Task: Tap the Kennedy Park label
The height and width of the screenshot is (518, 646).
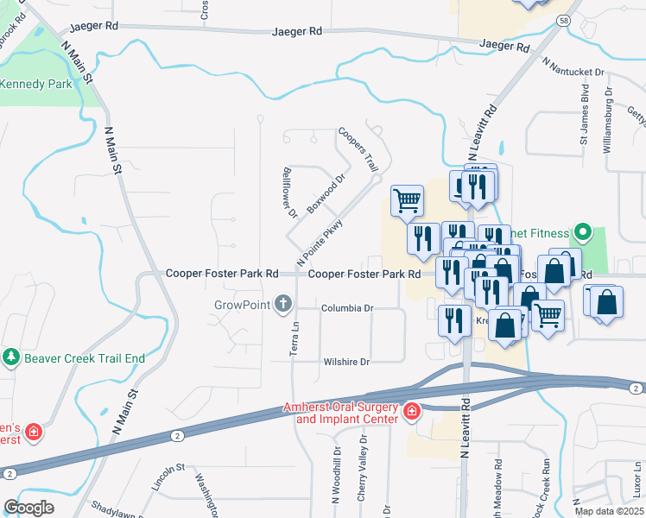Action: pyautogui.click(x=36, y=85)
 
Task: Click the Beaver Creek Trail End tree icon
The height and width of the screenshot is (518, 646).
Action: pyautogui.click(x=10, y=357)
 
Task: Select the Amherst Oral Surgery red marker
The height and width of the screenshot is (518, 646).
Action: pyautogui.click(x=412, y=410)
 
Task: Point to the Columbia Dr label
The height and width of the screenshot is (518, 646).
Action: pyautogui.click(x=347, y=308)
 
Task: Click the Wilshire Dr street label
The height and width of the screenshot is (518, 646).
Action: pyautogui.click(x=346, y=362)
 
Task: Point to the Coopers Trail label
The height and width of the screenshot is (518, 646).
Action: pyautogui.click(x=358, y=148)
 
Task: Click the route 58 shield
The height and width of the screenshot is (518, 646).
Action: pyautogui.click(x=563, y=20)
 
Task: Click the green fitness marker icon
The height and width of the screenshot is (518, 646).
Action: pyautogui.click(x=582, y=232)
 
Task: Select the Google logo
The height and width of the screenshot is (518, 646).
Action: pyautogui.click(x=28, y=508)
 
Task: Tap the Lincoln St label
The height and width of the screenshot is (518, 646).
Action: pyautogui.click(x=168, y=478)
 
